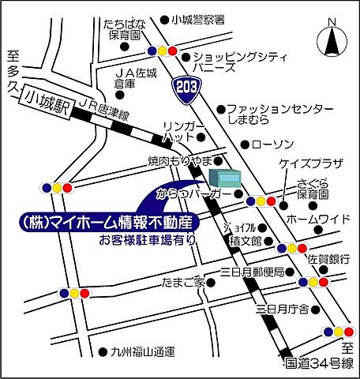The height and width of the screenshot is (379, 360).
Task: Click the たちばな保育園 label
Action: click(x=122, y=30)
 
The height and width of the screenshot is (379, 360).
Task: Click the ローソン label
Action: click(x=276, y=144)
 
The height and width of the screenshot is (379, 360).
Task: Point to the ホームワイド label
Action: click(x=318, y=217)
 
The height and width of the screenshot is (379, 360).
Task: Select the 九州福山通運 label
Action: click(x=142, y=351)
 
